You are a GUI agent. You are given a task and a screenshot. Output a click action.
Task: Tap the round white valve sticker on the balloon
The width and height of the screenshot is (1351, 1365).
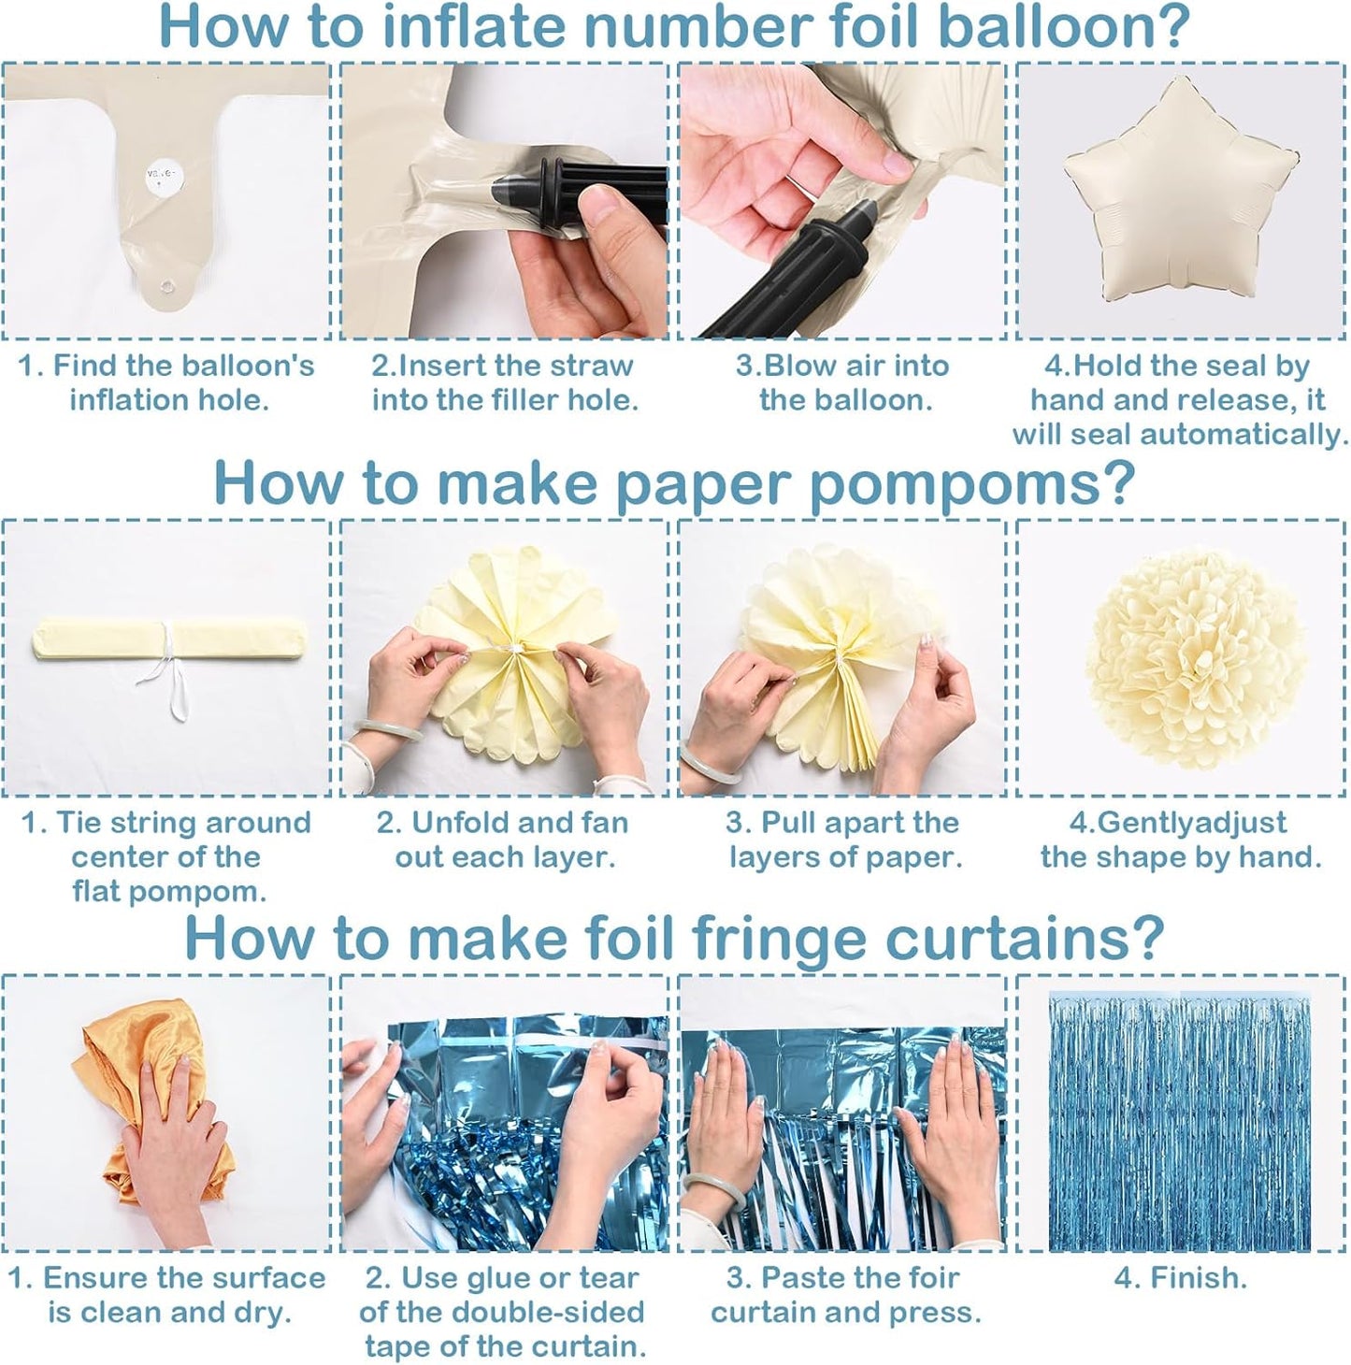(x=156, y=174)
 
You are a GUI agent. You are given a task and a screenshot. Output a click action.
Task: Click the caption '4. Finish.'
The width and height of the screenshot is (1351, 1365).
(x=1180, y=1278)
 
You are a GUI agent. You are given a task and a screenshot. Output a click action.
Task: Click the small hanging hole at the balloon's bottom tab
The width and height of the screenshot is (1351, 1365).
(x=169, y=287)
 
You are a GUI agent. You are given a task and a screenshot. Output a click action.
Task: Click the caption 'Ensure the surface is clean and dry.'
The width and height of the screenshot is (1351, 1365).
(x=168, y=1295)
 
